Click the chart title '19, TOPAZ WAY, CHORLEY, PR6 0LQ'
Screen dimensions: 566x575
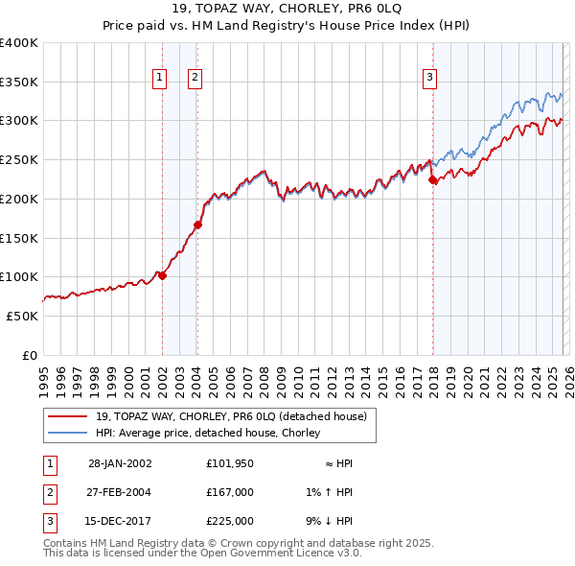[x=287, y=11]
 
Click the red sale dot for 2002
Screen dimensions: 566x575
[x=162, y=275]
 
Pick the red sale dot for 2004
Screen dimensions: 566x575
[x=197, y=225]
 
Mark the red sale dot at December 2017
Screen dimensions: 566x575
[x=432, y=179]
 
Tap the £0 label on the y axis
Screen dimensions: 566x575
[x=31, y=355]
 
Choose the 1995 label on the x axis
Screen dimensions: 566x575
[x=43, y=376]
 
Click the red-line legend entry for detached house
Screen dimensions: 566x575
[x=230, y=416]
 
